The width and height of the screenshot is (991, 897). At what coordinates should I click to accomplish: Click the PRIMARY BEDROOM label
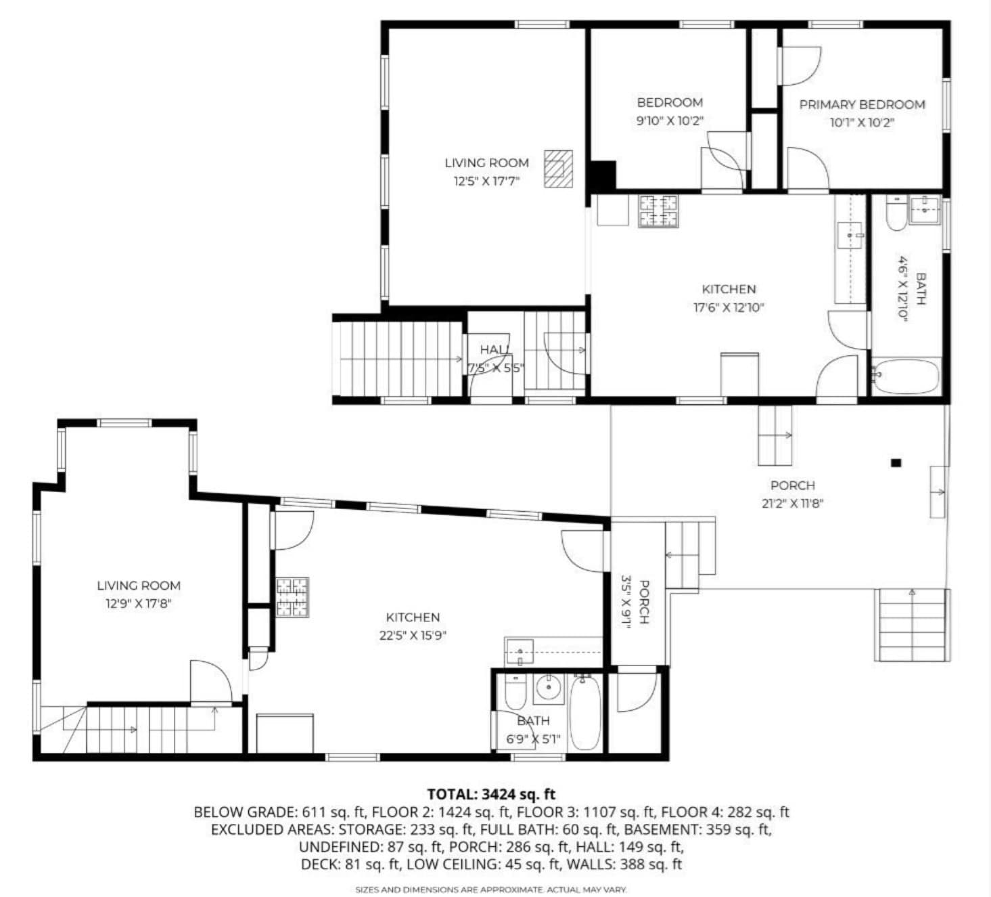[862, 105]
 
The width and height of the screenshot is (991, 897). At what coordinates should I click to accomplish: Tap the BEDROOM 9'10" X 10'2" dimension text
[670, 121]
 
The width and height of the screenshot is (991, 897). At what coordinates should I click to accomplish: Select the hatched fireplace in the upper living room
[558, 169]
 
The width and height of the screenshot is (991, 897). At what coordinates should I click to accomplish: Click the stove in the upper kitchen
[658, 211]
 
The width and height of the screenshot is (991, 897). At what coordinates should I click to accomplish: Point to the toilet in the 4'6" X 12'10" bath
[896, 214]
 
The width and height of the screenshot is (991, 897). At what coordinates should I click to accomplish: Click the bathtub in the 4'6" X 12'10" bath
[906, 377]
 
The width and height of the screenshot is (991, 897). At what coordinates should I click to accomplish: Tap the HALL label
[495, 350]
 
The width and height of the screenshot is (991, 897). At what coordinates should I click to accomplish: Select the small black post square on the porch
[896, 463]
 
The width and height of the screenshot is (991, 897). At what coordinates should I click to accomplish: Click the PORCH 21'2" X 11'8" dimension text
[792, 504]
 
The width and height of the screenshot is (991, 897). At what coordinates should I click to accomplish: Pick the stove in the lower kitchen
[292, 597]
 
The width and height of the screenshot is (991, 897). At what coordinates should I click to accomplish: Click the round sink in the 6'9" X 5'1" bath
[549, 688]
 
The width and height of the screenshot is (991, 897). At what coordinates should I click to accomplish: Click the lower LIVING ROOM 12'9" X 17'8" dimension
[138, 604]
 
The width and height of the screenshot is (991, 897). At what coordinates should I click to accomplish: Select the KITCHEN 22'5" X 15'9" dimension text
[413, 636]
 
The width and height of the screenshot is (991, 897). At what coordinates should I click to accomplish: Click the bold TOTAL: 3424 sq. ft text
[491, 795]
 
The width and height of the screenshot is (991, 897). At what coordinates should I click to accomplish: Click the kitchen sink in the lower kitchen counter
[520, 653]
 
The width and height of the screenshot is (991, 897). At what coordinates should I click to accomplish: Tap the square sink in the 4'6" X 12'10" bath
[925, 210]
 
